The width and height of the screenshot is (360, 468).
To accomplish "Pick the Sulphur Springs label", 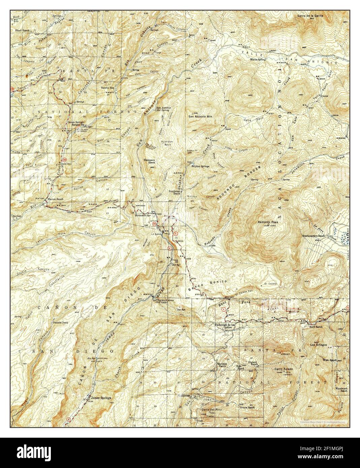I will tap(201, 166).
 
